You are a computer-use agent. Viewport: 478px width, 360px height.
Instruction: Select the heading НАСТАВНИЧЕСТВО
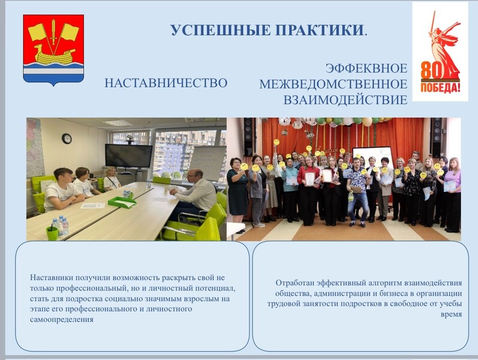[166, 83]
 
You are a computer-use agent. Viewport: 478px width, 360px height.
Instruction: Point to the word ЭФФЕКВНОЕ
[366, 68]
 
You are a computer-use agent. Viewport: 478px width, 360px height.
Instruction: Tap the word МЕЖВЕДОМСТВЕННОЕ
[333, 84]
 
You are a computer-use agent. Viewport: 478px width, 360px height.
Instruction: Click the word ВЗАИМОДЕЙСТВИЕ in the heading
[345, 100]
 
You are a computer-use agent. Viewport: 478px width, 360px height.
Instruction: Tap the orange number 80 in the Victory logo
[431, 70]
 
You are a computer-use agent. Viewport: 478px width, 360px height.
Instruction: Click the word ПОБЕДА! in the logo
[440, 88]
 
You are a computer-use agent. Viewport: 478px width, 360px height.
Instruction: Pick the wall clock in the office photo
[67, 139]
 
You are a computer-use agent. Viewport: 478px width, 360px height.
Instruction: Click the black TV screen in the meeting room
[128, 155]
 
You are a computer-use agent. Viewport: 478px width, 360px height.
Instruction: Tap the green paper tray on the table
[122, 202]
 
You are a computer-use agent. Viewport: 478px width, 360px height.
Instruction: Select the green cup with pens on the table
[52, 233]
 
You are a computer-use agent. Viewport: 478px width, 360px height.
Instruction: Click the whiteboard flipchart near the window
[208, 163]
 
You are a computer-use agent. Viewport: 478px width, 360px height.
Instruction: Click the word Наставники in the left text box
[52, 278]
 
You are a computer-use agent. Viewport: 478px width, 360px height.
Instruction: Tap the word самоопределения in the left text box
[62, 319]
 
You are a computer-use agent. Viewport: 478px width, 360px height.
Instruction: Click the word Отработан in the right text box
[295, 283]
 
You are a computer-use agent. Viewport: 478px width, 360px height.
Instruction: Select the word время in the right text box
[451, 314]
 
